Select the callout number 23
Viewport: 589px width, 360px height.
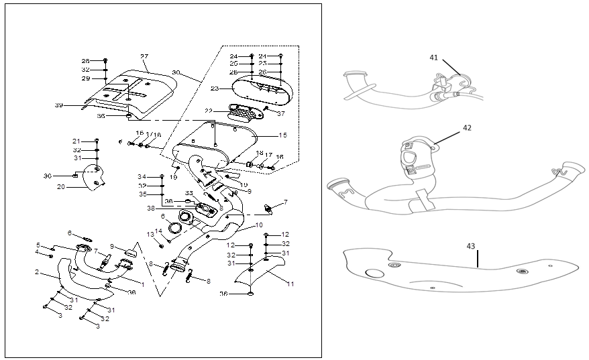point(215,88)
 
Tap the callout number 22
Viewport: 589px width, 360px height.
point(209,111)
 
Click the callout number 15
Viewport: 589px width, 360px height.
point(282,135)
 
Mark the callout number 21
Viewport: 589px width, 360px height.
point(76,141)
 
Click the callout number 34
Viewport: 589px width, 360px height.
point(142,176)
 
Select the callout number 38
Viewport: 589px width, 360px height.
point(151,208)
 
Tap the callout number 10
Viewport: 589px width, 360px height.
point(259,225)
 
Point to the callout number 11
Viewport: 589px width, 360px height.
point(290,284)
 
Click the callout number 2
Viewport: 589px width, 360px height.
point(38,273)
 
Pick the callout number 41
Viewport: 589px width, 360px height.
point(433,58)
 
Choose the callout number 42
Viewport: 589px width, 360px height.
point(467,127)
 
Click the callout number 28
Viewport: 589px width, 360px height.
point(85,60)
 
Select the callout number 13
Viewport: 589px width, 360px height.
point(151,234)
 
